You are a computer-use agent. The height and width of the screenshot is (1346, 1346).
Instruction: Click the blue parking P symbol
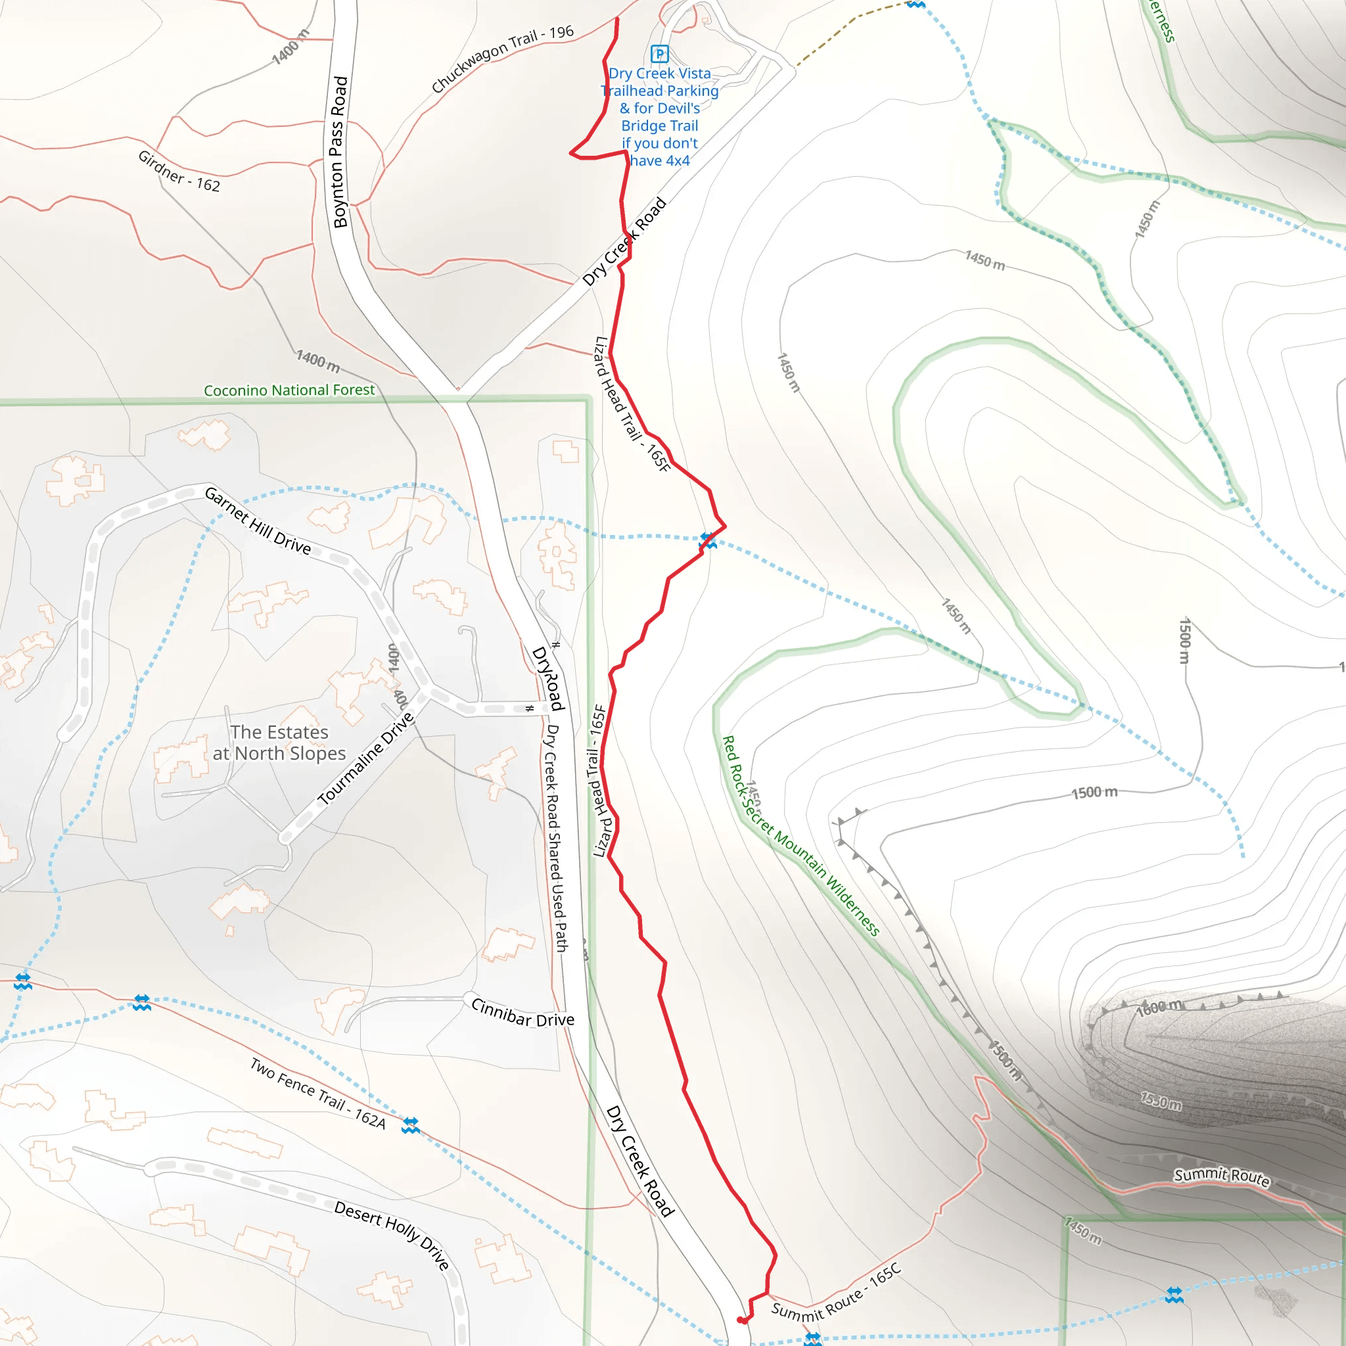tap(659, 54)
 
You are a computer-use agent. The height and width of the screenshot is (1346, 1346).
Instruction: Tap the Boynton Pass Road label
tap(339, 152)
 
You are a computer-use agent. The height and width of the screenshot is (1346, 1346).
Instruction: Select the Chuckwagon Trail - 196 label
tap(501, 59)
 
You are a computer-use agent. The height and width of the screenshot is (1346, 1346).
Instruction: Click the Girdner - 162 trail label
tap(179, 172)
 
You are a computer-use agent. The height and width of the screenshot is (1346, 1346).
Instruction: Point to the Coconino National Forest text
tap(289, 390)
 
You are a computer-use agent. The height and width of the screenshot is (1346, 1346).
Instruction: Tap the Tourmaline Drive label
tap(366, 758)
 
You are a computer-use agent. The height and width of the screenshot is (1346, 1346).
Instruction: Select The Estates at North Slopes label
tap(279, 743)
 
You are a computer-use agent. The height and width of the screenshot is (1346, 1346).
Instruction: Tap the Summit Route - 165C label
tap(836, 1293)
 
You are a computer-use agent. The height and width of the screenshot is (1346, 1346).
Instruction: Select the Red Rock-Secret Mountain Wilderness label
tap(801, 835)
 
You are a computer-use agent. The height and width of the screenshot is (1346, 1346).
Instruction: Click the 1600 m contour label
tap(1159, 1008)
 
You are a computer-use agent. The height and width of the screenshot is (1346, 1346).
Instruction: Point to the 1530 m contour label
tap(1161, 1102)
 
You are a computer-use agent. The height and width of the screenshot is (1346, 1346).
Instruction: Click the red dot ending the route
tap(742, 1320)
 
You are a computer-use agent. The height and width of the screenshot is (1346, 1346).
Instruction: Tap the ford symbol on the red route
tap(708, 541)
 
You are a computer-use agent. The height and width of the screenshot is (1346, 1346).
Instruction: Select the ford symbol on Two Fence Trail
tap(410, 1125)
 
